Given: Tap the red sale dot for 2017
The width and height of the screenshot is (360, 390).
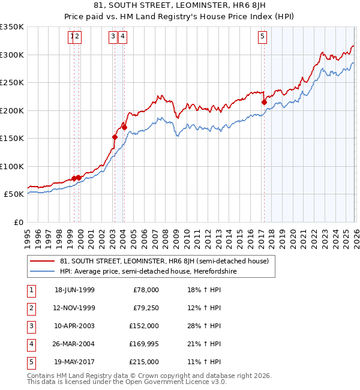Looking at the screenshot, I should (x=264, y=103).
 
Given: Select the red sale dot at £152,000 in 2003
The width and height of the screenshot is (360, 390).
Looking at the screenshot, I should (x=114, y=137).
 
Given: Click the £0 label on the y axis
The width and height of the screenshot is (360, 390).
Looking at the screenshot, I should (x=17, y=222).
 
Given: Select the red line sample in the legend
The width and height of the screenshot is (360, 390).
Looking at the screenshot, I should (x=41, y=261).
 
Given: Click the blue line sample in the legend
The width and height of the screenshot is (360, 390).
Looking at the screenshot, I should (x=41, y=271).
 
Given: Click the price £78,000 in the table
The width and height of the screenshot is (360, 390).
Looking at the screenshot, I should (x=145, y=289).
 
